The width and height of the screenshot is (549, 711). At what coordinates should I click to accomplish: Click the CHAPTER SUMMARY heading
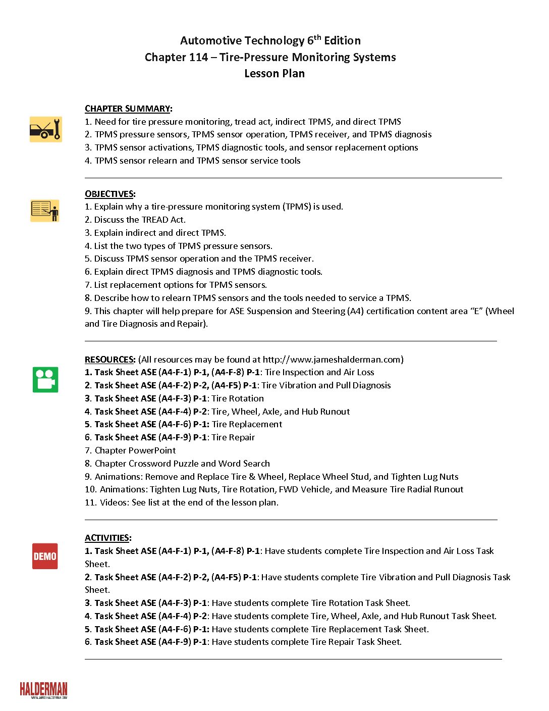tap(128, 109)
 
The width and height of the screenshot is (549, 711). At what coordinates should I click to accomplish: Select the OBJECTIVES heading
tap(109, 194)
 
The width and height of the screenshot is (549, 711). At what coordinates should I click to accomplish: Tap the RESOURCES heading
tap(110, 360)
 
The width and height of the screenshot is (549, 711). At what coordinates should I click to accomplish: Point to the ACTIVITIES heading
tap(108, 538)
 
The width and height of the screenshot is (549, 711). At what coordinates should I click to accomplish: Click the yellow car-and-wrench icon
tap(45, 129)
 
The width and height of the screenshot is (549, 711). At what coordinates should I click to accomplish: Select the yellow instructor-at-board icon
tap(45, 211)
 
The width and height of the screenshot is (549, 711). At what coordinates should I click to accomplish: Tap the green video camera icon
tap(45, 380)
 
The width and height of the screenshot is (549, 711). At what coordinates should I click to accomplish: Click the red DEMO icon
tap(45, 556)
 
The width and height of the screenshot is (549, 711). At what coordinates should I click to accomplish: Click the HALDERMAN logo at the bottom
tap(43, 690)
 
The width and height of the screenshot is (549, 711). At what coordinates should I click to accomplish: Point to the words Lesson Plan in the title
tap(274, 74)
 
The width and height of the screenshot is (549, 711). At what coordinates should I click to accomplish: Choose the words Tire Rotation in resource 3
tap(238, 398)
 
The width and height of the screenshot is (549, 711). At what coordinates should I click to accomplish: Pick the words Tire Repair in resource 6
tap(233, 437)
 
